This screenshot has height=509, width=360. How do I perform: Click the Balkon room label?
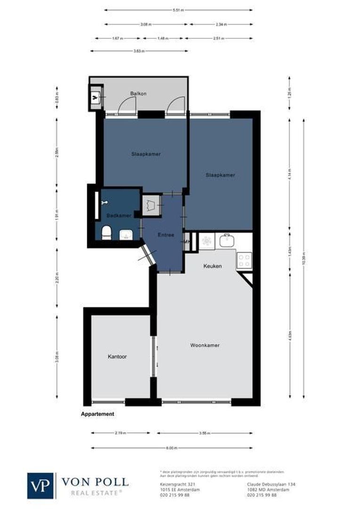pos(138,94)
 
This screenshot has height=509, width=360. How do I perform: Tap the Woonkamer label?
pos(205,345)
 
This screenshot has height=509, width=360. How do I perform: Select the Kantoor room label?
pos(117,357)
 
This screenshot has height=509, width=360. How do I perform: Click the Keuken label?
pos(212,266)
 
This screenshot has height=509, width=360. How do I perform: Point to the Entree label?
pos(166,235)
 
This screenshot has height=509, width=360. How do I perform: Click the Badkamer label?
pos(118,215)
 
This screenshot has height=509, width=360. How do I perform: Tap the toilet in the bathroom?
pos(106,232)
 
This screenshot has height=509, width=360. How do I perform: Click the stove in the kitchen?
pos(244,260)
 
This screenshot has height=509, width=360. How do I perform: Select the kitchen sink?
pos(227,241)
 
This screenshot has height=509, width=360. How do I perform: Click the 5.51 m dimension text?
pos(178,9)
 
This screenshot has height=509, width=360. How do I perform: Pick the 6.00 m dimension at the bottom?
pos(172,448)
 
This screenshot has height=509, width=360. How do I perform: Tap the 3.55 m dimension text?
pos(205,433)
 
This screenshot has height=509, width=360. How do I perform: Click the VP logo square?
pos(41,485)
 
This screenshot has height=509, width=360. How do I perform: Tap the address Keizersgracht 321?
pos(172,484)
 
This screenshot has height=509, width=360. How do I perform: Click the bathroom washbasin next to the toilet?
pos(126,234)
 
